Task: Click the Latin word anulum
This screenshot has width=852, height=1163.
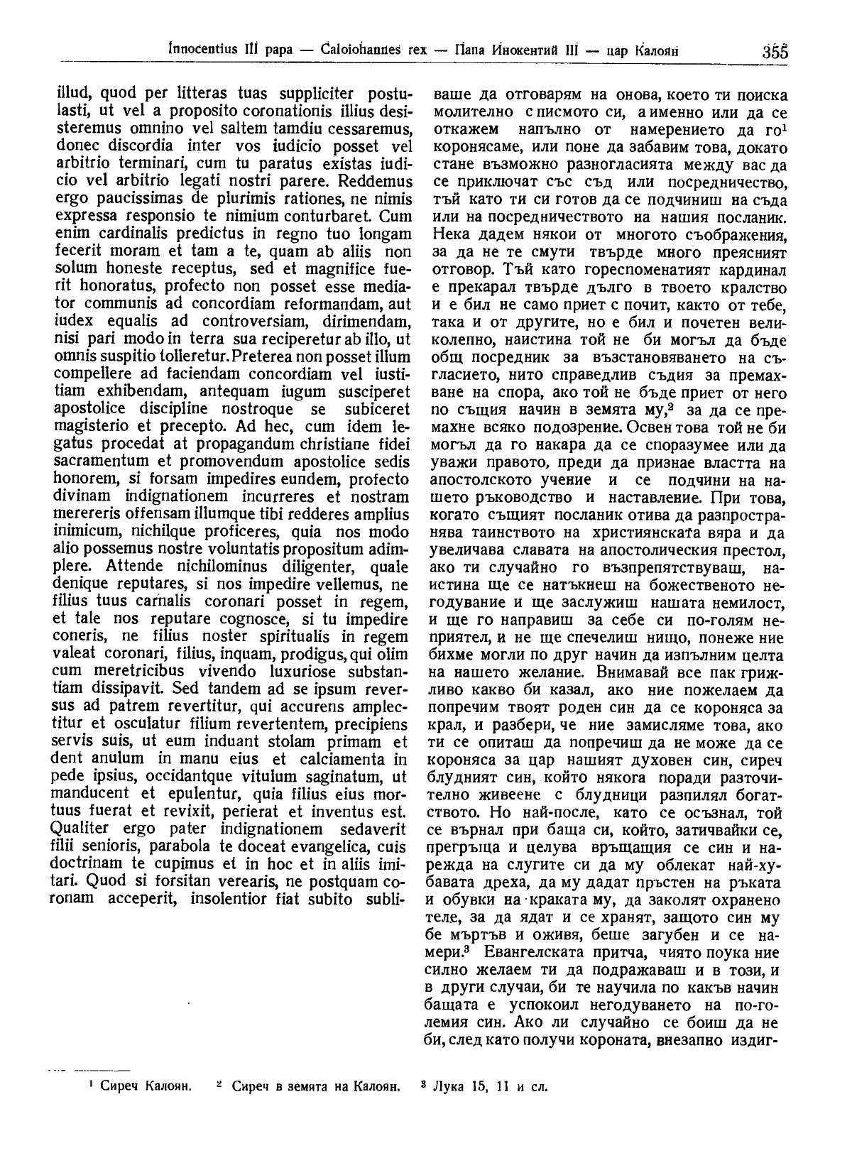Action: (x=119, y=757)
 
